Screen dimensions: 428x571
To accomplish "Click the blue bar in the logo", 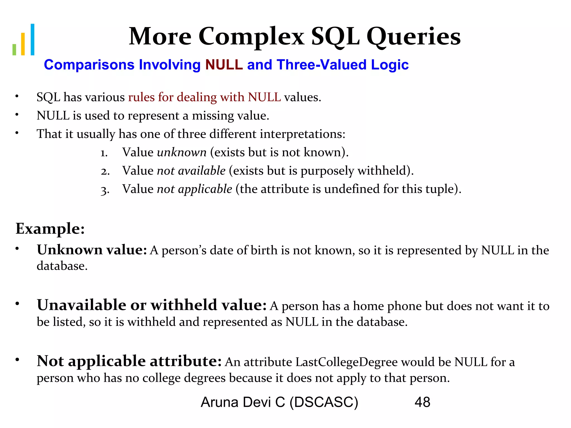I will pyautogui.click(x=32, y=40).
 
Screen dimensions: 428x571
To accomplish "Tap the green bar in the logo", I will pyautogui.click(x=14, y=49).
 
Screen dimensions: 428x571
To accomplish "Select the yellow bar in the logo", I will pyautogui.click(x=23, y=44).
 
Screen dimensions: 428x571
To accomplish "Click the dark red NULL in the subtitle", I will pyautogui.click(x=224, y=65).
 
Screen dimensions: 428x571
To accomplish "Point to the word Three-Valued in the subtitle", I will pyautogui.click(x=321, y=65).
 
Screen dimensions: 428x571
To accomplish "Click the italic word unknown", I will pyautogui.click(x=182, y=152).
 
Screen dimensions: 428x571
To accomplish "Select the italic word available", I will pyautogui.click(x=202, y=171).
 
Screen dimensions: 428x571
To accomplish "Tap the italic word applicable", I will pyautogui.click(x=205, y=189).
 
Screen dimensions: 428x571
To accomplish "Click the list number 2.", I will pyautogui.click(x=105, y=171).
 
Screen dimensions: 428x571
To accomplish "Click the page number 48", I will pyautogui.click(x=422, y=402).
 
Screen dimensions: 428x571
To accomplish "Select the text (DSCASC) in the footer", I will pyautogui.click(x=324, y=402).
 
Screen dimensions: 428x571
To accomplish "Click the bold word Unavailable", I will pyautogui.click(x=82, y=305).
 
